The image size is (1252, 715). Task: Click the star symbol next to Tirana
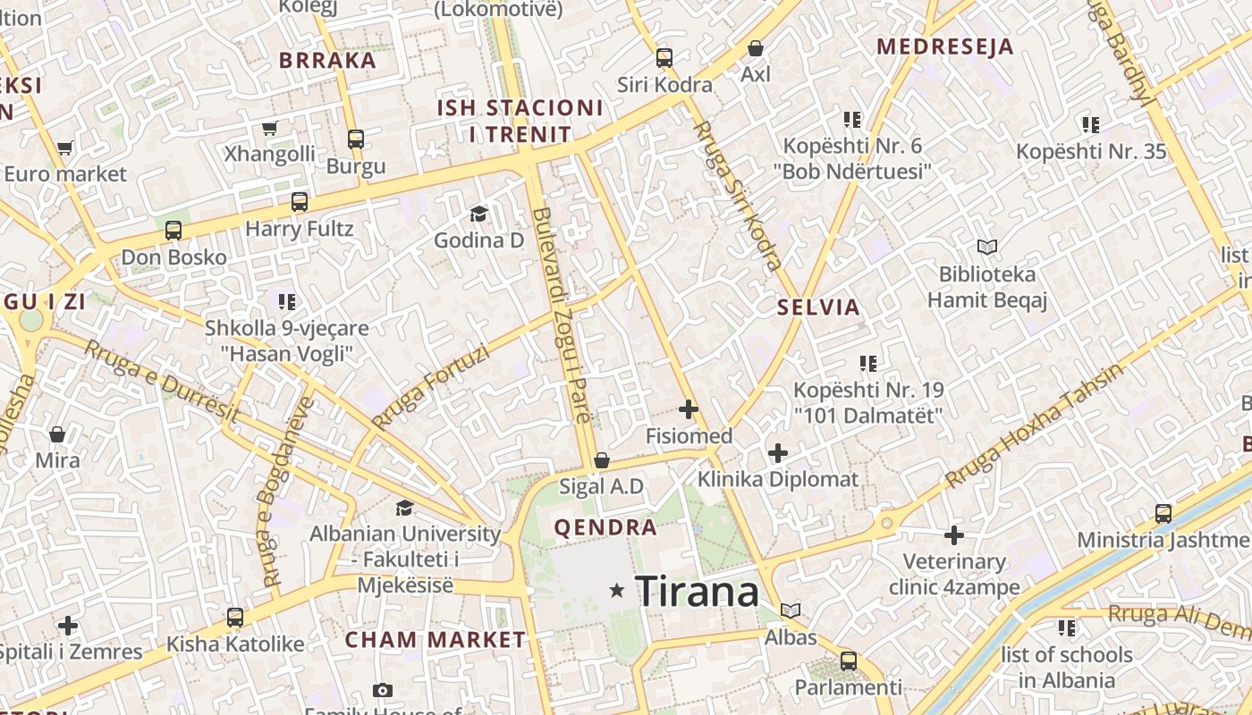pyautogui.click(x=616, y=591)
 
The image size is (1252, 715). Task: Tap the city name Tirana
pyautogui.click(x=697, y=591)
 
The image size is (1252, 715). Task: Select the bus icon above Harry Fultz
pyautogui.click(x=300, y=202)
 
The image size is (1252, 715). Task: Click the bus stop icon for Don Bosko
pyautogui.click(x=173, y=231)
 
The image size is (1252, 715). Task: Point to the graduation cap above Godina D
pyautogui.click(x=478, y=214)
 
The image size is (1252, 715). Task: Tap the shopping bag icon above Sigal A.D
pyautogui.click(x=602, y=460)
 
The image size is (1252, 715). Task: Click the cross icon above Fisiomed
pyautogui.click(x=688, y=409)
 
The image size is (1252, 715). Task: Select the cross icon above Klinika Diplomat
pyautogui.click(x=778, y=452)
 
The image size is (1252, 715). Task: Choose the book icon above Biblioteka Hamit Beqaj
pyautogui.click(x=986, y=247)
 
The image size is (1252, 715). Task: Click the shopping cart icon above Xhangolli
pyautogui.click(x=269, y=128)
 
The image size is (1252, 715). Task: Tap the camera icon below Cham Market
pyautogui.click(x=383, y=690)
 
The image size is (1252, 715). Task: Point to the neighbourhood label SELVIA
pyautogui.click(x=818, y=308)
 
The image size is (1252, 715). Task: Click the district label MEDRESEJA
pyautogui.click(x=945, y=46)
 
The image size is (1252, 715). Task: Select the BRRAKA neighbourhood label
pyautogui.click(x=327, y=61)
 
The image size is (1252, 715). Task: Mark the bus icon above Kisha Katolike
pyautogui.click(x=235, y=617)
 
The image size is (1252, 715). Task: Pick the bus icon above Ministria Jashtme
pyautogui.click(x=1163, y=514)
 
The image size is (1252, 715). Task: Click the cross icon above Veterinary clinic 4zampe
pyautogui.click(x=954, y=535)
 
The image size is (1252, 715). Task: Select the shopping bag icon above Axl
pyautogui.click(x=756, y=48)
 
